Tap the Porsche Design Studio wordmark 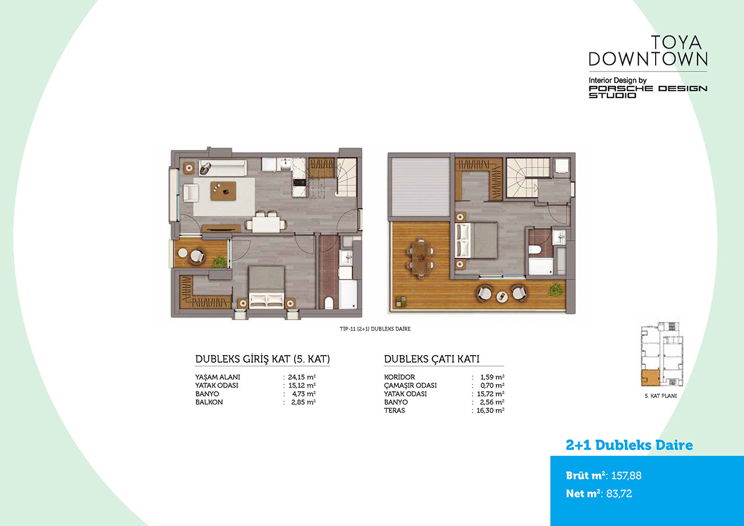point(648,92)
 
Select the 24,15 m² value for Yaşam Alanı point(302,377)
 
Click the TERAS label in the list point(394,410)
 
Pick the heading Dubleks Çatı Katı point(431,359)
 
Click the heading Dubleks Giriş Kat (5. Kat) point(262,359)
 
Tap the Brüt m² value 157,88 point(626,475)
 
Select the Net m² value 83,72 point(619,493)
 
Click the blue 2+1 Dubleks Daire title point(629,445)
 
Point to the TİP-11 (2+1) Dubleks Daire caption point(375,329)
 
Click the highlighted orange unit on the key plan point(650,378)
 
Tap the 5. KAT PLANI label point(661,396)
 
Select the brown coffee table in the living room point(223,191)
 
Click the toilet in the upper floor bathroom point(535,249)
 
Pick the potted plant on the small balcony point(219,261)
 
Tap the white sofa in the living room point(223,168)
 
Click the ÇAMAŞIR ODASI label point(410,385)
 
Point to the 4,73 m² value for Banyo point(303,393)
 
